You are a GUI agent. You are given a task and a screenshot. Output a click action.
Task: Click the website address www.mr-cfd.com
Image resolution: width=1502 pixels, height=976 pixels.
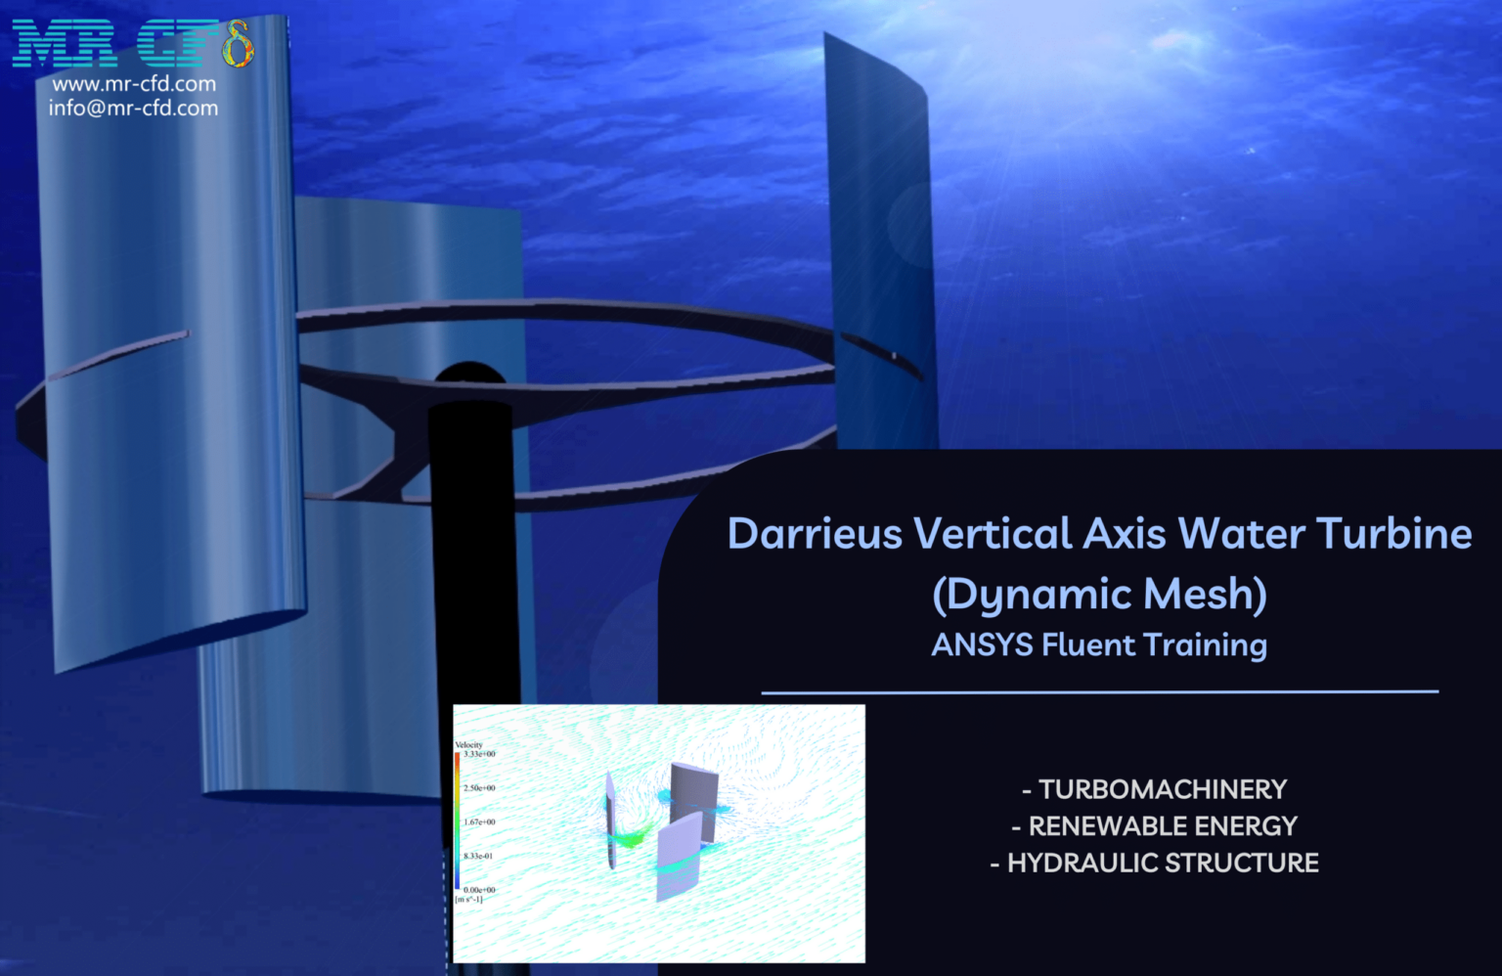point(134,84)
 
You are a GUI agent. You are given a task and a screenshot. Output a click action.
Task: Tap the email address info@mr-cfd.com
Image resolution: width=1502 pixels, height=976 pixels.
point(134,109)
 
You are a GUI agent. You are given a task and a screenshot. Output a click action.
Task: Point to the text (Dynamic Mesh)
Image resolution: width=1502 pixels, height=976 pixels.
point(1099,595)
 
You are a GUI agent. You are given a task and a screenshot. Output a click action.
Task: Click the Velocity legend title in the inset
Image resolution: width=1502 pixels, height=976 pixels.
point(469,745)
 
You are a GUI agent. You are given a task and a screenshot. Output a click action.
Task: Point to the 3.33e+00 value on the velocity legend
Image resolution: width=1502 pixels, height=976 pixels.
point(479,754)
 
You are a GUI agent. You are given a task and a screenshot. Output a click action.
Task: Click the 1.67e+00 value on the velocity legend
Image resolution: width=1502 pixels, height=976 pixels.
point(479,821)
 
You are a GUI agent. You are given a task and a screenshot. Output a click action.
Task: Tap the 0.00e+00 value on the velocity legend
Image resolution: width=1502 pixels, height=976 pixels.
point(479,890)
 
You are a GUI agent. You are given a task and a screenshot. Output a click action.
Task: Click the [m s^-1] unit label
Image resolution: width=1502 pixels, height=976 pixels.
point(469,899)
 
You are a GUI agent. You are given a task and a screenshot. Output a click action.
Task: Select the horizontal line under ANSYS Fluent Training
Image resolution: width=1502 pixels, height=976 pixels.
point(1099,691)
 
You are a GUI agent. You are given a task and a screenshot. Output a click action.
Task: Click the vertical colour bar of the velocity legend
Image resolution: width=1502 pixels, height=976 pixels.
point(458,821)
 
